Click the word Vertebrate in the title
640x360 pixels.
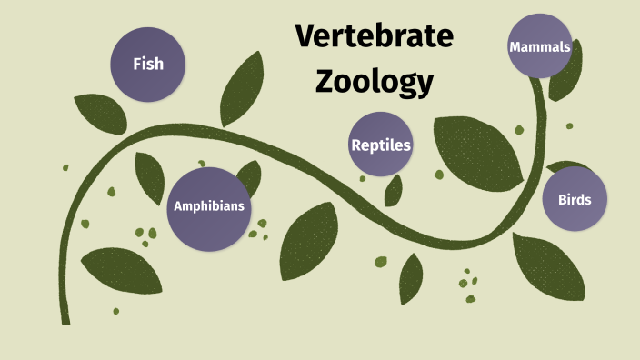click(374, 37)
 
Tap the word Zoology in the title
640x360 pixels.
click(374, 81)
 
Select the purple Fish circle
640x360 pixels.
click(148, 64)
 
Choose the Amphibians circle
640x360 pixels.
click(208, 206)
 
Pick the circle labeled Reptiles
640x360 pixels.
click(381, 145)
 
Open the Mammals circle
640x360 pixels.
click(540, 46)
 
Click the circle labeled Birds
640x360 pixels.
click(575, 199)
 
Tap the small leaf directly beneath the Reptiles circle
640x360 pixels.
click(394, 190)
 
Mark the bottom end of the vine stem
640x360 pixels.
click(65, 319)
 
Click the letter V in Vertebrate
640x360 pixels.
click(304, 37)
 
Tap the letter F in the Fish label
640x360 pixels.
click(136, 64)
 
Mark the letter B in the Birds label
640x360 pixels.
click(560, 199)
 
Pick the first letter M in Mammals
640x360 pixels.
click(515, 46)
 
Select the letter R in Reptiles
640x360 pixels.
click(355, 145)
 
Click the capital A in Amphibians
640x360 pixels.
click(178, 206)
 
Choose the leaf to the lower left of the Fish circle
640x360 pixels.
click(99, 111)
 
